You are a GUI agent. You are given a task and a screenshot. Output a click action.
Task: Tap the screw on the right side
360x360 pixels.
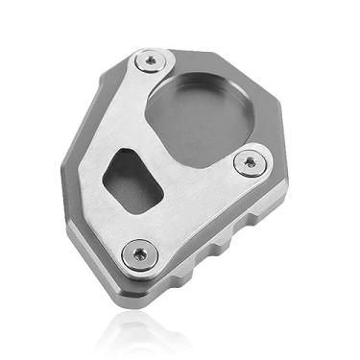252,162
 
